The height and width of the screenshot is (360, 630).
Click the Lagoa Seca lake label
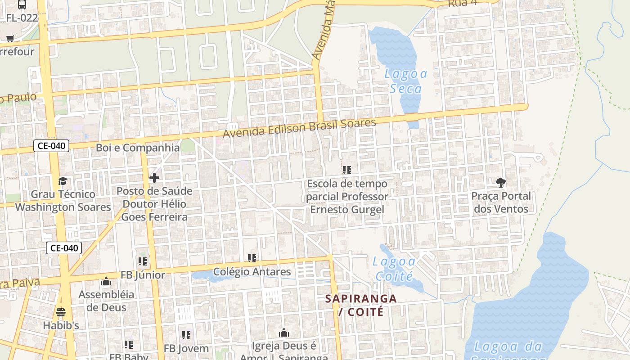[405, 81]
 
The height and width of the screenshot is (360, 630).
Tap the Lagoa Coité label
[395, 268]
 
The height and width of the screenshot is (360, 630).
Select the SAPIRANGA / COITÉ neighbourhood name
[361, 305]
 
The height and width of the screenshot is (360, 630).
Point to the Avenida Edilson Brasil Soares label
[299, 129]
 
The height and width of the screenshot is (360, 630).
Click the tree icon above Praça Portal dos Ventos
[500, 182]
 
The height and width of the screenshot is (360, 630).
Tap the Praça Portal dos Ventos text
[501, 202]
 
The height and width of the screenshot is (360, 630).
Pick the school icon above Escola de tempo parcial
[346, 170]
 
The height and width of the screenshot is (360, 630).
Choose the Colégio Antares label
[252, 272]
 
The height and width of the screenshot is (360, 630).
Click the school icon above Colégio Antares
[252, 258]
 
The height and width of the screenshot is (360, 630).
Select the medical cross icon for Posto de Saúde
[154, 178]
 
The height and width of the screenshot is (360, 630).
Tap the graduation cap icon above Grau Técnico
[63, 181]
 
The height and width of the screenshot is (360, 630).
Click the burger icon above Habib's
[61, 312]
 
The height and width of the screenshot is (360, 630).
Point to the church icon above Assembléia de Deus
[106, 282]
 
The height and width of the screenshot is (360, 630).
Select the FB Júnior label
[143, 275]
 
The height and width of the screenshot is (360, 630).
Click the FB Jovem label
[186, 348]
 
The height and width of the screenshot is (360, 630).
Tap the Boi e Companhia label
[138, 148]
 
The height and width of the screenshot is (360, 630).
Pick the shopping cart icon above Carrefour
[10, 39]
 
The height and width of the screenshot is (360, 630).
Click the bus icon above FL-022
[22, 5]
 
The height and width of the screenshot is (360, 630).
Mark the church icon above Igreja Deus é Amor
[284, 333]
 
